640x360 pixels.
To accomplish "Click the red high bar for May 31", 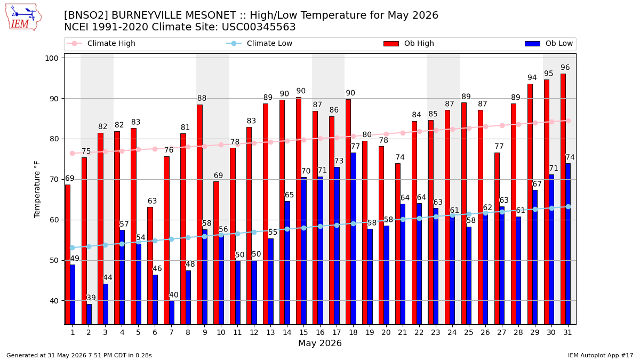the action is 563,199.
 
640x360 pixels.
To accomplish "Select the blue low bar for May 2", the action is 89,314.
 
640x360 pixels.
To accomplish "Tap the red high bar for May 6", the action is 150,266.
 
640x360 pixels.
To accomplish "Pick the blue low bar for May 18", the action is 354,238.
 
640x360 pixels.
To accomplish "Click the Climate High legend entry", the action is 101,43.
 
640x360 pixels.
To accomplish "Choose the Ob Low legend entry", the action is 549,43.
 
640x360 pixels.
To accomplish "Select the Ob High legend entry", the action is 409,43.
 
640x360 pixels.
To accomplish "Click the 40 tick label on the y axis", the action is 54,301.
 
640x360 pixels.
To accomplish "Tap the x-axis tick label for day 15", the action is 303,332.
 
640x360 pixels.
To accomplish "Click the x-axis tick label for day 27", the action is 501,332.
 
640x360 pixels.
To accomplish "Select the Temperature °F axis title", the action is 37,189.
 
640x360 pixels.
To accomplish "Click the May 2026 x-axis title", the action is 319,343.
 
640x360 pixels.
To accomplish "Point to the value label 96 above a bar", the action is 565,67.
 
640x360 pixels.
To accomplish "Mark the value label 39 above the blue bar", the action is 91,298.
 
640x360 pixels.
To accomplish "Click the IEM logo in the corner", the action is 23,18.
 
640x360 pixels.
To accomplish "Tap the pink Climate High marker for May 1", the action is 73,154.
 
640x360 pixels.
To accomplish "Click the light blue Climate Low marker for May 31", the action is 568,206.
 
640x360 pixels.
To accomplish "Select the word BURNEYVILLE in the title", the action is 173,15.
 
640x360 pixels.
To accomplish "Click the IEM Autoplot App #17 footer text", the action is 601,355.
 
